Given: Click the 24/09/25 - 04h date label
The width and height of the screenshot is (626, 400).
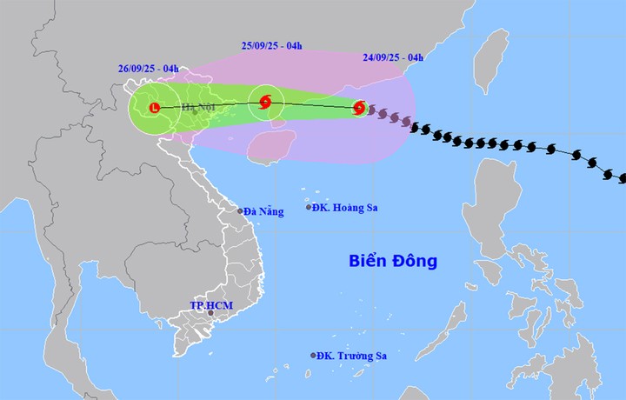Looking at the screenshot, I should [x=393, y=58].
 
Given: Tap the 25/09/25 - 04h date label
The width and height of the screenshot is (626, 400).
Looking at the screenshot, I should [x=271, y=46].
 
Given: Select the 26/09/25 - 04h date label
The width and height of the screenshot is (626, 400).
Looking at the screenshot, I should [x=149, y=67].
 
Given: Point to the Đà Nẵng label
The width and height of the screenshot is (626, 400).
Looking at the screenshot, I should [x=264, y=211].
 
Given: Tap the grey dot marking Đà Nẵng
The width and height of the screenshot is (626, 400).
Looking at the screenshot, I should [x=241, y=210].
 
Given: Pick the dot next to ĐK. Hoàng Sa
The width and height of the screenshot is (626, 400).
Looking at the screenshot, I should [x=309, y=207].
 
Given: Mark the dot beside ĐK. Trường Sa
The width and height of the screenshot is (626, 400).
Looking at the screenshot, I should [x=313, y=356].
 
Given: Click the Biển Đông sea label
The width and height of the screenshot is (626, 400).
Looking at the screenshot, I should [x=392, y=261].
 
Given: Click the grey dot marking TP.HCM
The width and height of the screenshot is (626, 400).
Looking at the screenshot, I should [x=210, y=314].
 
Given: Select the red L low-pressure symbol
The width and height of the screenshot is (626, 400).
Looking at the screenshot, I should [x=155, y=108].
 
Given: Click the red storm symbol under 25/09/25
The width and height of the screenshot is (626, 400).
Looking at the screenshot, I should [x=266, y=102].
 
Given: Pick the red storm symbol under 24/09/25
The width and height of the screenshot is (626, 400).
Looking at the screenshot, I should [x=359, y=109].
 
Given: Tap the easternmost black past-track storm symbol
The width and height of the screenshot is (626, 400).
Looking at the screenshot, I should [x=623, y=178].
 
